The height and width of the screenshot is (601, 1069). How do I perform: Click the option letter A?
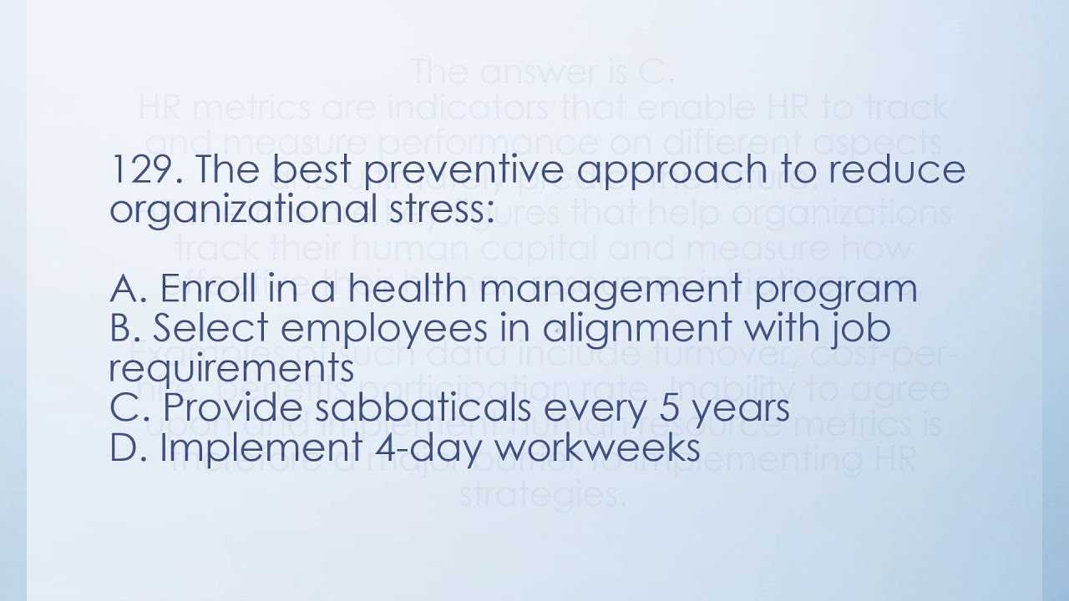coord(127,289)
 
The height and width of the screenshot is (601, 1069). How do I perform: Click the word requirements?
coord(226,368)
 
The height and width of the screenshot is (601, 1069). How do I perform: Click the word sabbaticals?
coord(431,407)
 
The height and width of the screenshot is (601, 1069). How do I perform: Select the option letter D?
coord(127,447)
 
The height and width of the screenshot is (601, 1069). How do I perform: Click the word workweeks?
coord(597,447)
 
